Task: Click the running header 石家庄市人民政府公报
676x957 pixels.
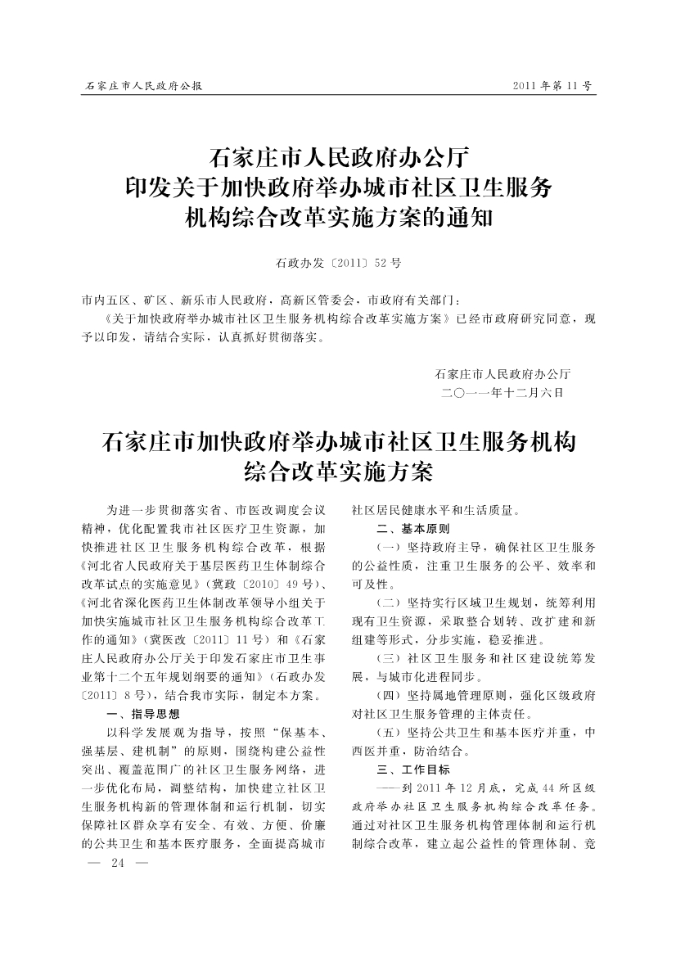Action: pos(144,85)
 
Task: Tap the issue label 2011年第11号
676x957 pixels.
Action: pos(552,85)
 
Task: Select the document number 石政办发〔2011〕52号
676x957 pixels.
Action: pos(338,264)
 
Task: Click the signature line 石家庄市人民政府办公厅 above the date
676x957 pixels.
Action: pos(503,373)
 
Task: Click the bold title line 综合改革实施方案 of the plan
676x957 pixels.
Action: pos(338,473)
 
